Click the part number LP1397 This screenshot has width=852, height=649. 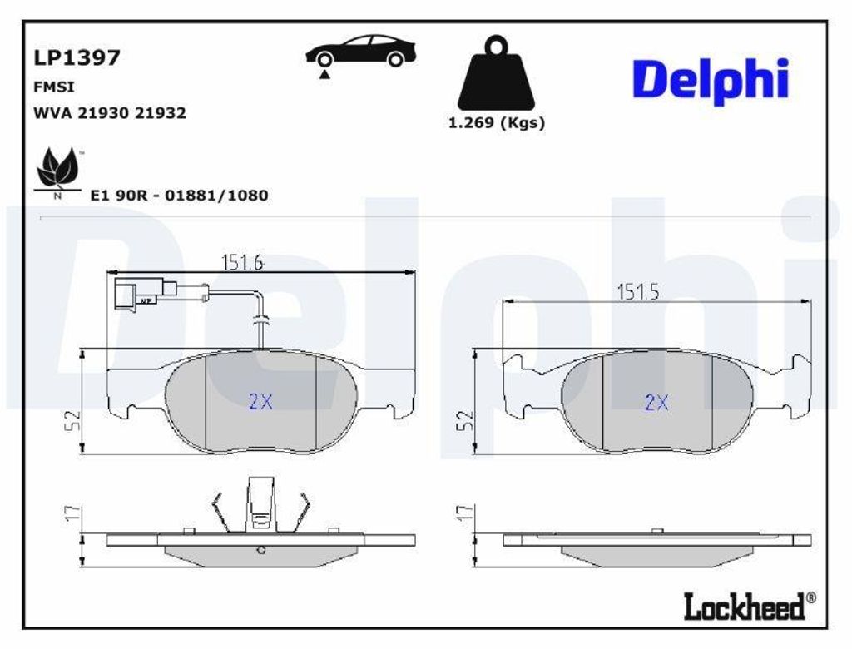coord(77,57)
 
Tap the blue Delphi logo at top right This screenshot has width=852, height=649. coord(711,81)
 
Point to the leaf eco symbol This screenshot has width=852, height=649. coord(57,169)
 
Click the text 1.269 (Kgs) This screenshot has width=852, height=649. coord(496,123)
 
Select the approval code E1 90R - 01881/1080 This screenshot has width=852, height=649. coord(179,196)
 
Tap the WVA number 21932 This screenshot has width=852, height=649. coord(161,113)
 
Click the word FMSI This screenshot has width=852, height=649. coord(54,87)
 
